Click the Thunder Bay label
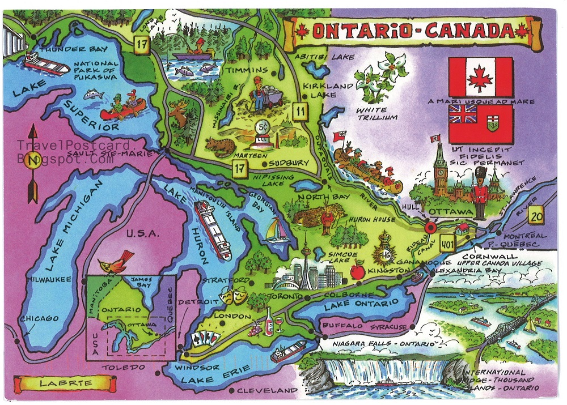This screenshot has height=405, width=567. tap(62, 49)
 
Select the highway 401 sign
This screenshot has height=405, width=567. tap(445, 240)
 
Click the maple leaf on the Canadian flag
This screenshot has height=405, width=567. tap(481, 78)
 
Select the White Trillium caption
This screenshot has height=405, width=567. tap(371, 114)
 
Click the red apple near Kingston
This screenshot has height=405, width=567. tap(357, 272)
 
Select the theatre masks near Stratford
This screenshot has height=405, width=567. tap(231, 295)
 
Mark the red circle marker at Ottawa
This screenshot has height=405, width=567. tap(430, 228)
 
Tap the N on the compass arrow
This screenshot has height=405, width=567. tap(33, 160)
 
